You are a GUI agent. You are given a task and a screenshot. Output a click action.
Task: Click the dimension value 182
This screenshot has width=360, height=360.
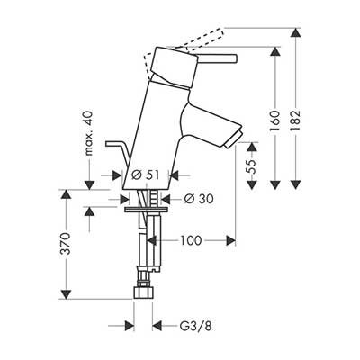295,121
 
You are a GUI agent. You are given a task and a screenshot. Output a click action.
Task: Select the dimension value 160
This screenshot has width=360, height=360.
274,121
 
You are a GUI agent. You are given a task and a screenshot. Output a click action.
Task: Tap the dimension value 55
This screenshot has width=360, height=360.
251,166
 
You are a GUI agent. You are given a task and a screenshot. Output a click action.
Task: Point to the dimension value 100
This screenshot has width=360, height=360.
191,240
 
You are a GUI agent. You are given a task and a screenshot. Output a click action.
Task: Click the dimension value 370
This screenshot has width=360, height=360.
65,244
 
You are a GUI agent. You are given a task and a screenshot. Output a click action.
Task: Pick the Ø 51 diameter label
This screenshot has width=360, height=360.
145,175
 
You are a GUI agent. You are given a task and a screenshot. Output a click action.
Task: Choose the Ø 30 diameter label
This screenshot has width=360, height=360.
199,199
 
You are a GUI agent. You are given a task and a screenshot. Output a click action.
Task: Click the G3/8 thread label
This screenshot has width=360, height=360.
195,326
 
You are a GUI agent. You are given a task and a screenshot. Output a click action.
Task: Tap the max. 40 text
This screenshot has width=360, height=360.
89,133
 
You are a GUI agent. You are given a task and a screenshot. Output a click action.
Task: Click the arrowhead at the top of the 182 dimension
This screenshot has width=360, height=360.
296,32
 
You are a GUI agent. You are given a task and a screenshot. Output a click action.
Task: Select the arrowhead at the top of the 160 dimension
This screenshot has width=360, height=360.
275,52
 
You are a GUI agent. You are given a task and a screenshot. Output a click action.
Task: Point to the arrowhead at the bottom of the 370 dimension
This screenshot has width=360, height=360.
66,294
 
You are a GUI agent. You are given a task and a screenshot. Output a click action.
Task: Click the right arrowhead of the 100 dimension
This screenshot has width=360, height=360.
230,240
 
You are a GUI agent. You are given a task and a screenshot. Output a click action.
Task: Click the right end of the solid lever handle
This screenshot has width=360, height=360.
235,58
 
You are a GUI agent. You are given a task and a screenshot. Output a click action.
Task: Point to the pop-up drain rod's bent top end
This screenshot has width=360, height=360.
107,144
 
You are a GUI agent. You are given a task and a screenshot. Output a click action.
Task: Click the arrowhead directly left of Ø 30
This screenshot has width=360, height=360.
124,199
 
